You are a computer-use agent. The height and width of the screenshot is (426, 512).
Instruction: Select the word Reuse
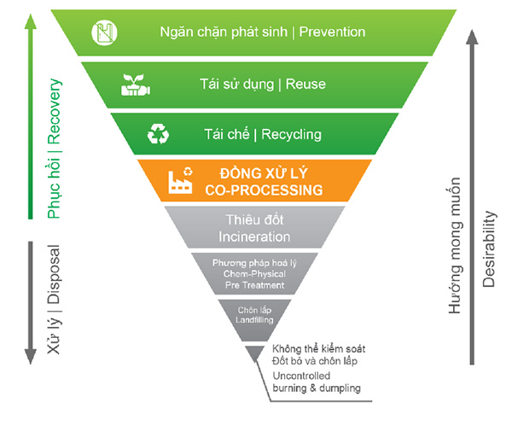(x=305, y=84)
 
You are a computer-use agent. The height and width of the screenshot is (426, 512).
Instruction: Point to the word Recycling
(x=291, y=134)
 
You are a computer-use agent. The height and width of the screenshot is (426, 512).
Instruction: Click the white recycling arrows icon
(x=159, y=133)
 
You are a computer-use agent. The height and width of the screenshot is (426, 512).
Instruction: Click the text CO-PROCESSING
(x=257, y=189)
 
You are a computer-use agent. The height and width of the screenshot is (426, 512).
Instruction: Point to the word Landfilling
(x=255, y=319)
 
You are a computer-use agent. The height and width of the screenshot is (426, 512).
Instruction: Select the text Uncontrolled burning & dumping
(x=317, y=382)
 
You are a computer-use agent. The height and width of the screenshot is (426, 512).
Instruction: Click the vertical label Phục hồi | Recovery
(x=55, y=147)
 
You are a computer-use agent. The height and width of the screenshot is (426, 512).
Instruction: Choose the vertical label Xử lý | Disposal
(x=55, y=299)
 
